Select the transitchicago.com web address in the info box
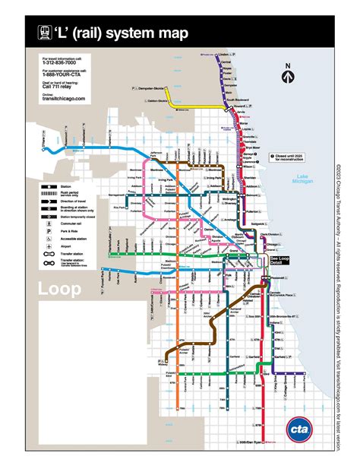[64, 99]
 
